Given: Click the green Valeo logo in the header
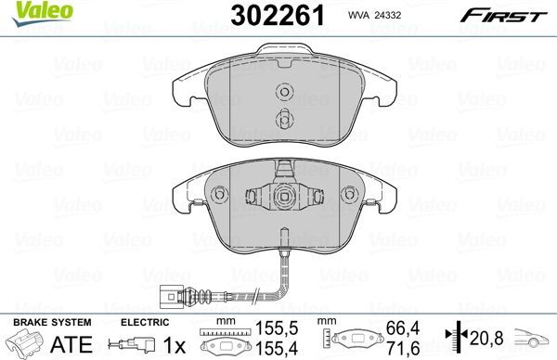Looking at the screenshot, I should click(31, 11).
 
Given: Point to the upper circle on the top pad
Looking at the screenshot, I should click(285, 91).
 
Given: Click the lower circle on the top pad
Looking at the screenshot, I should click(285, 118).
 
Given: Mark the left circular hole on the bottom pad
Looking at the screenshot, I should click(220, 194).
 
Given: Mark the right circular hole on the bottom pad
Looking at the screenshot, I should click(350, 194).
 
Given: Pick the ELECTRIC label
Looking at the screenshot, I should click(144, 321).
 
